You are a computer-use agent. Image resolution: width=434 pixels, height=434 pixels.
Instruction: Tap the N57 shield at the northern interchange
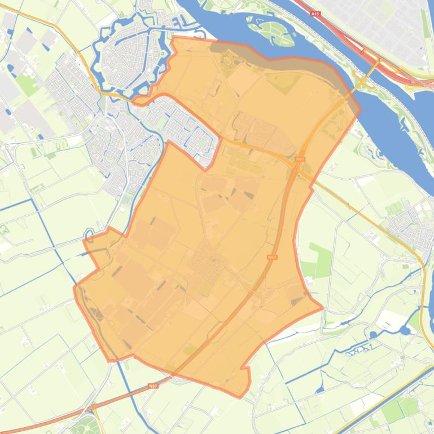[299, 160]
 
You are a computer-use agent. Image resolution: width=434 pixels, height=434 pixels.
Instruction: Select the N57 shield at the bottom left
[153, 386]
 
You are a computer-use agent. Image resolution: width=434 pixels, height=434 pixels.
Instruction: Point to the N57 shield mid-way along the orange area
[273, 257]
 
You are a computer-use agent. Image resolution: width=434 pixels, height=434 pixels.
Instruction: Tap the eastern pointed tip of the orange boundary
[322, 308]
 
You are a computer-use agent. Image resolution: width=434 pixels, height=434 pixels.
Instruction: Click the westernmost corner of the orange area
[74, 288]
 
